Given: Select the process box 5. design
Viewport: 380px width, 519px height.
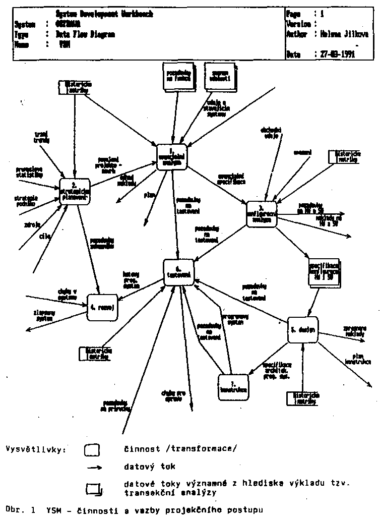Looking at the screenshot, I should pyautogui.click(x=303, y=330).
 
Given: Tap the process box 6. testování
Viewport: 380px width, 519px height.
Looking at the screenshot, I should pyautogui.click(x=179, y=272).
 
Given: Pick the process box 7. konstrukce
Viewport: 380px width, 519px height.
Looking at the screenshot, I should pyautogui.click(x=233, y=388).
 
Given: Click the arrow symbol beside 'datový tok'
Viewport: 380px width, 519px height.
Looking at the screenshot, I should pyautogui.click(x=95, y=468).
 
